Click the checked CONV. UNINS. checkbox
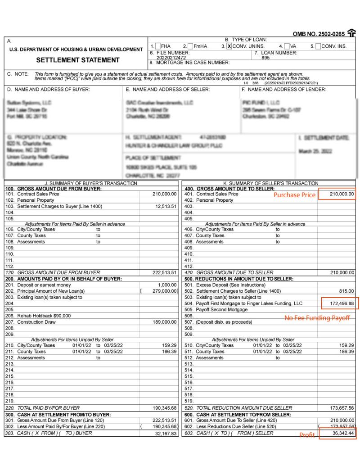(229, 46)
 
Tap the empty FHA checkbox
(157, 46)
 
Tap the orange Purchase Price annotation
(295, 195)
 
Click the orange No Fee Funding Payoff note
(317, 318)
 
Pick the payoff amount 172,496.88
(338, 304)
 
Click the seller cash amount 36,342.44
(338, 433)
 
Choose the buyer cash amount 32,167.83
(164, 433)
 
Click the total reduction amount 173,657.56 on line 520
(338, 408)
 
